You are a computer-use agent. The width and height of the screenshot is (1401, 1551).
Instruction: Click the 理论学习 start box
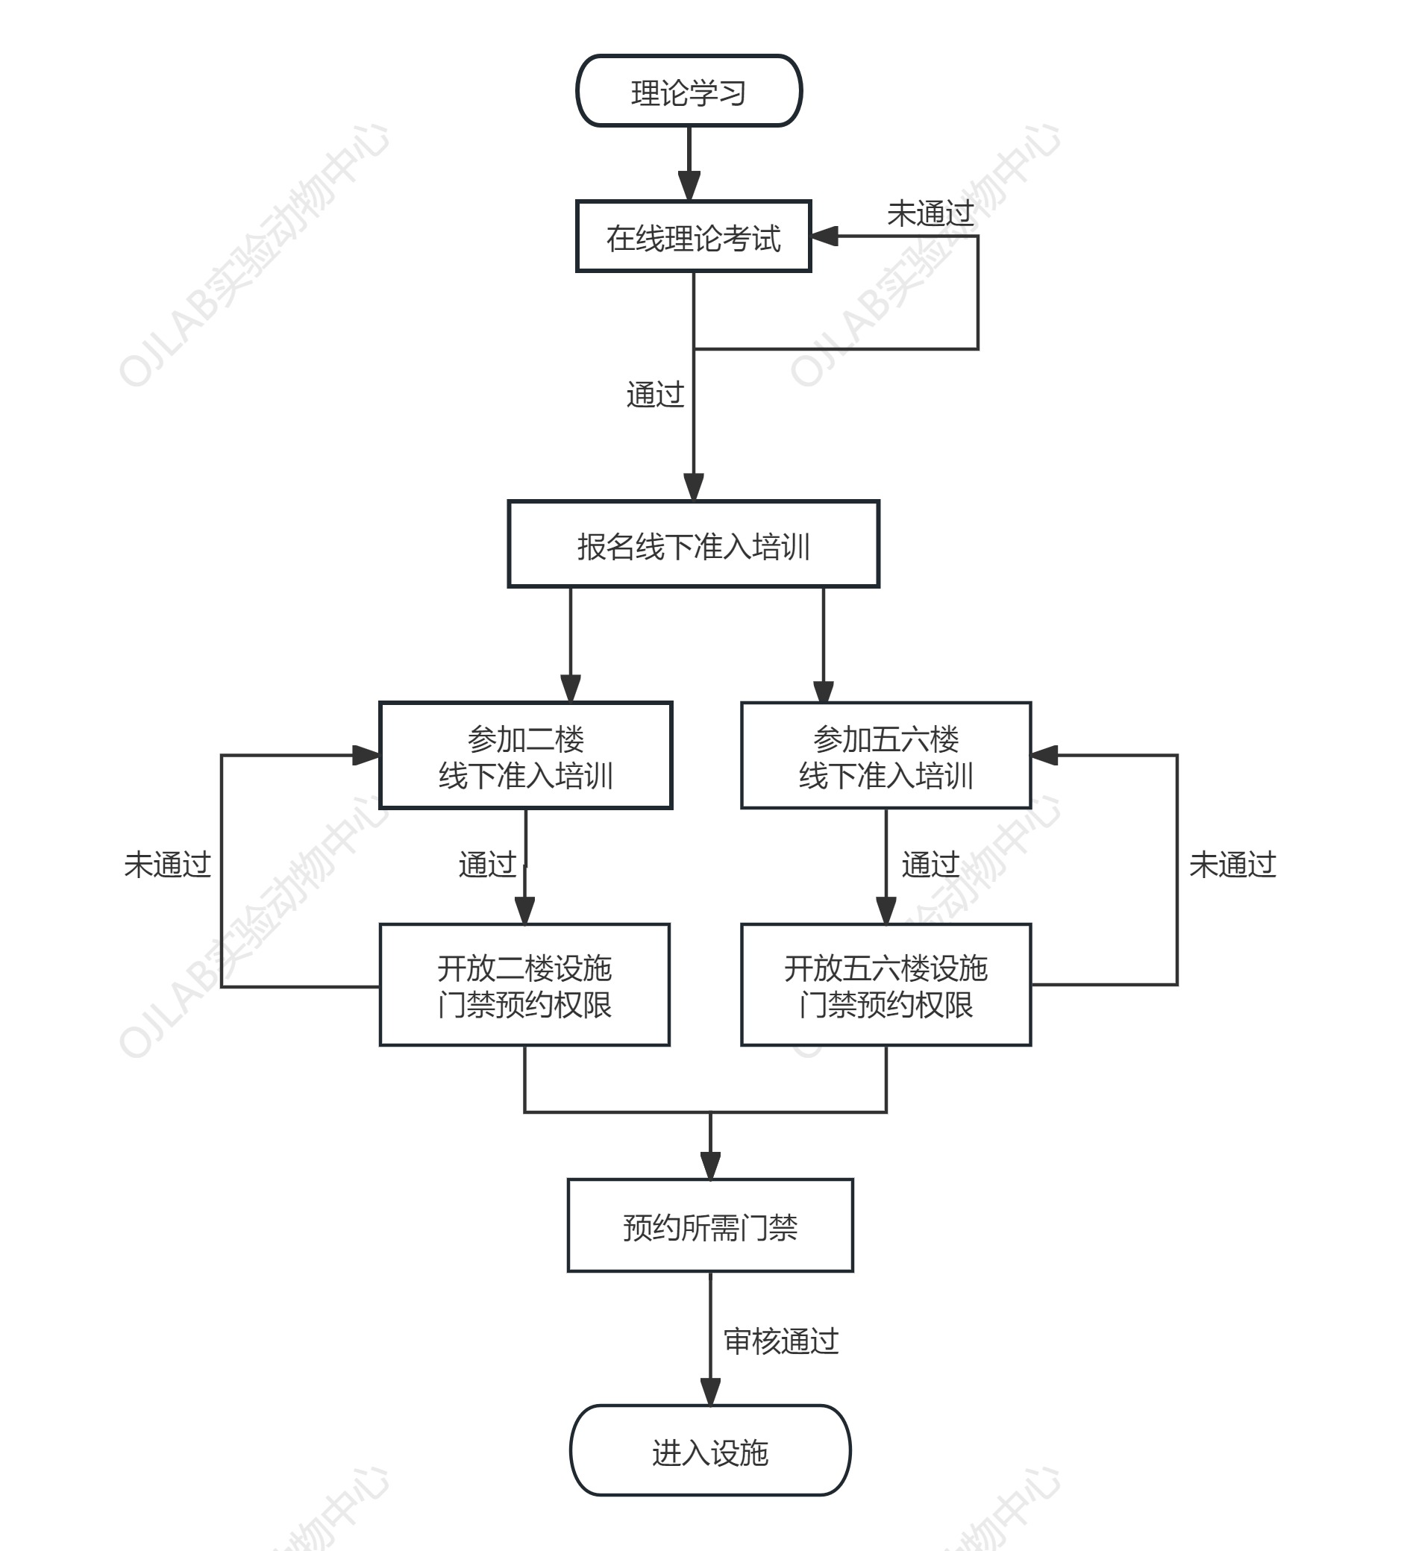(689, 91)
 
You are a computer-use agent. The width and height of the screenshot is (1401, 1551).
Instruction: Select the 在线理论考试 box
(693, 236)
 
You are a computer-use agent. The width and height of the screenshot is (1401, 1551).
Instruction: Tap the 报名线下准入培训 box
(693, 544)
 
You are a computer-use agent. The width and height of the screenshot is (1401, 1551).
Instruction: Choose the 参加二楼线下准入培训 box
(526, 756)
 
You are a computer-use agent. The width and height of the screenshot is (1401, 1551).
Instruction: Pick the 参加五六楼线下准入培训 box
(886, 756)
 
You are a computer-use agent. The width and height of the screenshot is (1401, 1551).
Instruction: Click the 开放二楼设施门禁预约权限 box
(524, 985)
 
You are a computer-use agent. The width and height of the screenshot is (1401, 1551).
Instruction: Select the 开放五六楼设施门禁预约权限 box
(886, 985)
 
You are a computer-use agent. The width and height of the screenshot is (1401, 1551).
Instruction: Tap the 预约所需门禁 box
(710, 1226)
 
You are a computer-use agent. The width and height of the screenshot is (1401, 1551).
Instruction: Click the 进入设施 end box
(710, 1451)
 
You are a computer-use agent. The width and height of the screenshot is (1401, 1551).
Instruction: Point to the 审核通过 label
(781, 1341)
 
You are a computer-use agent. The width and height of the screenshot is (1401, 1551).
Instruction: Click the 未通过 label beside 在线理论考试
(930, 213)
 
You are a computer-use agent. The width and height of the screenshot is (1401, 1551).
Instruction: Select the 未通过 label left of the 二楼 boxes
(168, 865)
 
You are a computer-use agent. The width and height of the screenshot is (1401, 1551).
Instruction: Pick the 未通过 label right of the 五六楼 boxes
(1232, 865)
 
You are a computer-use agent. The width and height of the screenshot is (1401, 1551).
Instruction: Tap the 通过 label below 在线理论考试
(656, 394)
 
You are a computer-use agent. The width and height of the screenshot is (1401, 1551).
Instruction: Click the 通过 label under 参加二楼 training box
(488, 865)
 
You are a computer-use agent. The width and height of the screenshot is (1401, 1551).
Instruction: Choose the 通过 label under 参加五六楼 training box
(931, 865)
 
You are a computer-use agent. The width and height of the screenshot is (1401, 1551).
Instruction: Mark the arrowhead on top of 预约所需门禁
(710, 1165)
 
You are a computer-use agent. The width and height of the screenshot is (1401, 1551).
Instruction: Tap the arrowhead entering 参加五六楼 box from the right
(1044, 756)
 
